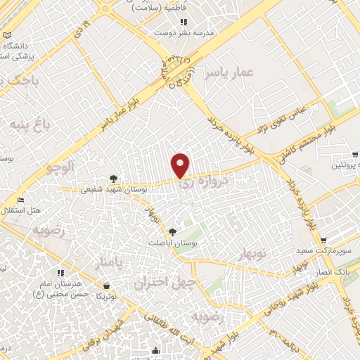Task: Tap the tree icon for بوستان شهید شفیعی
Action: tap(114, 178)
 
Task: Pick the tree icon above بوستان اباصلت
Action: tap(173, 230)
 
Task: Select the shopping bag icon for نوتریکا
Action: tap(106, 286)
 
